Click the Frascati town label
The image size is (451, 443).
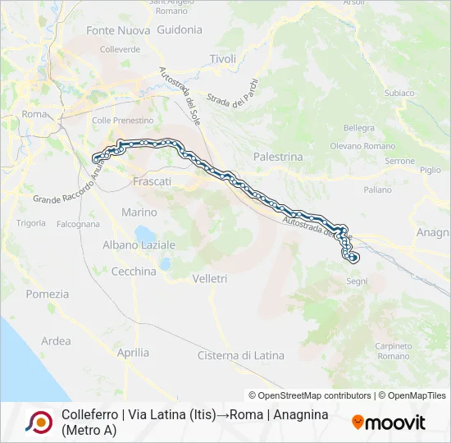152,180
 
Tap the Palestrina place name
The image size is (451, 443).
278,157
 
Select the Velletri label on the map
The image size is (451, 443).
209,279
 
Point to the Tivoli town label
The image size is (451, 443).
222,59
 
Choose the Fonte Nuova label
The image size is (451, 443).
118,30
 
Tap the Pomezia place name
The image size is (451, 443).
48,294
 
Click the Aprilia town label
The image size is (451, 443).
133,353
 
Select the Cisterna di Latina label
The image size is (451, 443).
241,355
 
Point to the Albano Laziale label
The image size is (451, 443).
139,245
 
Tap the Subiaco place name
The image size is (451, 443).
399,93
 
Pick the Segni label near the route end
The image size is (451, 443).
358,281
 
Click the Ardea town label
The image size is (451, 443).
56,341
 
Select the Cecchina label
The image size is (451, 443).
134,272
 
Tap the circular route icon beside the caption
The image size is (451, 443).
39,422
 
